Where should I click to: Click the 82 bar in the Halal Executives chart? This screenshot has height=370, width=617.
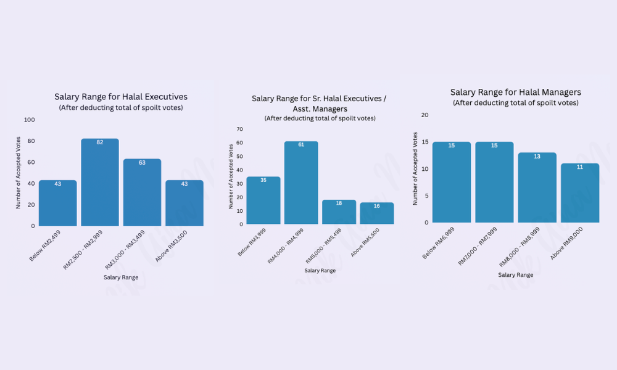pyautogui.click(x=100, y=183)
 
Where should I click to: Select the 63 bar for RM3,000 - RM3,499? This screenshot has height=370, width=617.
pyautogui.click(x=142, y=192)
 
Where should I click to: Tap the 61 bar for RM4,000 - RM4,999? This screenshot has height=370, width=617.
pyautogui.click(x=301, y=183)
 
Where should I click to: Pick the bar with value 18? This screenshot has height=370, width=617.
pyautogui.click(x=339, y=212)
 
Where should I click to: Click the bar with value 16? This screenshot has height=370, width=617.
pyautogui.click(x=377, y=213)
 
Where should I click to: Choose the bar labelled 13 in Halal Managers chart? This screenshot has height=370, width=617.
pyautogui.click(x=537, y=187)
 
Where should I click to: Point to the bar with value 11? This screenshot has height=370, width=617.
pyautogui.click(x=580, y=192)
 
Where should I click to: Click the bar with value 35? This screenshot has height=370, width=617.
pyautogui.click(x=263, y=200)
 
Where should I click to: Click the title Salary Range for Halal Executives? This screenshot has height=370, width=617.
pyautogui.click(x=121, y=97)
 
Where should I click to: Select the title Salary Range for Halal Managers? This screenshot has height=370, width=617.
pyautogui.click(x=516, y=92)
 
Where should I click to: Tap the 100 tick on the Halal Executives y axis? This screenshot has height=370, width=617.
pyautogui.click(x=29, y=120)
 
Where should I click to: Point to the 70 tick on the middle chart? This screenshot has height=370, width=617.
pyautogui.click(x=239, y=129)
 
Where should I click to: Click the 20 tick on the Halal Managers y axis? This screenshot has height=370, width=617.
pyautogui.click(x=424, y=115)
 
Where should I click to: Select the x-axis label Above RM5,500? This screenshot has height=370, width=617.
pyautogui.click(x=367, y=242)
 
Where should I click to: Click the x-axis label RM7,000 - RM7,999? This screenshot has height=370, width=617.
pyautogui.click(x=477, y=245)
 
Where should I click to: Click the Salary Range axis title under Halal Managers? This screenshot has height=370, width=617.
pyautogui.click(x=516, y=274)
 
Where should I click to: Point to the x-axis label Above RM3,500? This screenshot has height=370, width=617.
pyautogui.click(x=172, y=245)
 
